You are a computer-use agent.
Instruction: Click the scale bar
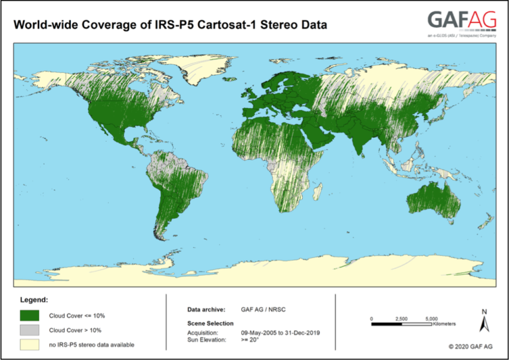(401, 324)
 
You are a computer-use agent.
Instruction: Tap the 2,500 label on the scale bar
(401, 318)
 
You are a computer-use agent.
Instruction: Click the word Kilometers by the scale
(444, 324)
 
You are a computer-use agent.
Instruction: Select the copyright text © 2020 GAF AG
(471, 346)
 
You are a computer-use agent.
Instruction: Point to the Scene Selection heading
(211, 323)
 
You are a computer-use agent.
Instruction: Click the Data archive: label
(206, 309)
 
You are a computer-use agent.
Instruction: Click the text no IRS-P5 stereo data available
(91, 344)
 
